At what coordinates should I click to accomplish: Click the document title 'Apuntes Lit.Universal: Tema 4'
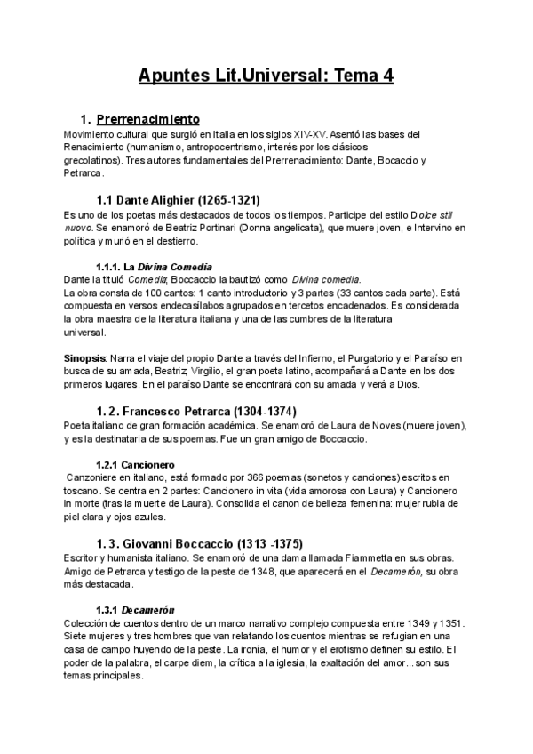click(266, 76)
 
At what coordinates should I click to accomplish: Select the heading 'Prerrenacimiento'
click(147, 119)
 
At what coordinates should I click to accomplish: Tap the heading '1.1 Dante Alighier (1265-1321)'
click(178, 199)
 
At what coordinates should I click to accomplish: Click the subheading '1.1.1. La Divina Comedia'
click(153, 267)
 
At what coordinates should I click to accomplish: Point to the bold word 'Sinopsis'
click(85, 358)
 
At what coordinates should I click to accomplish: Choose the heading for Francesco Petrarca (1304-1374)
click(195, 411)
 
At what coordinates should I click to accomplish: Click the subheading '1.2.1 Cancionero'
click(135, 465)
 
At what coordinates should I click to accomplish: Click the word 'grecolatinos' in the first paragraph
click(93, 160)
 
